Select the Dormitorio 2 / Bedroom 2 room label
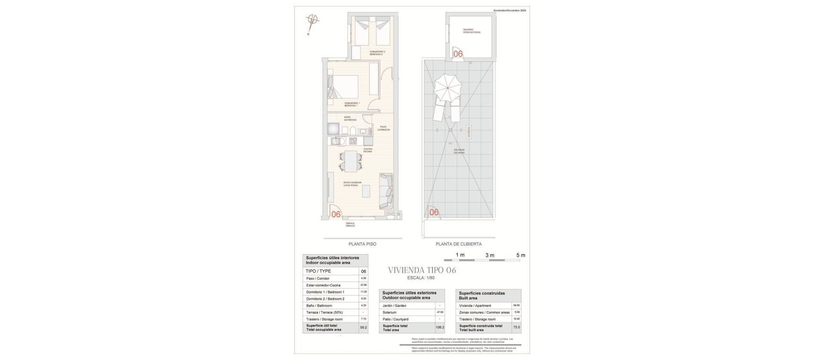378,53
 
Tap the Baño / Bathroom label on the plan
350,119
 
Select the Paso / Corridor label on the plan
384,128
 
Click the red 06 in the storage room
458,54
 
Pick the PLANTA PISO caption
362,244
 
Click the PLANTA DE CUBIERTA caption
458,244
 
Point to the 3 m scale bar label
490,255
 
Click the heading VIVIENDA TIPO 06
422,271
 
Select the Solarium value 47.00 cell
440,312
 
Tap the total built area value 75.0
516,327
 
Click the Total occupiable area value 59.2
364,327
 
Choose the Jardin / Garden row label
395,305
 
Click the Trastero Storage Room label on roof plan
472,31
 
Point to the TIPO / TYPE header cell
318,271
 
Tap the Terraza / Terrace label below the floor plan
350,225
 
